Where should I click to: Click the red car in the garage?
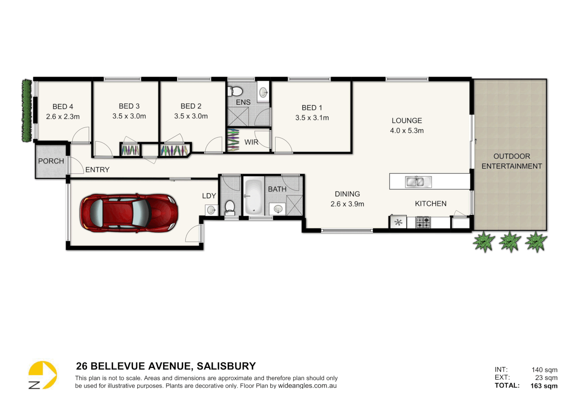tap(128, 213)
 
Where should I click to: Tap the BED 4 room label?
tap(63, 107)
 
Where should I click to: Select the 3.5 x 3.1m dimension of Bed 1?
tap(312, 118)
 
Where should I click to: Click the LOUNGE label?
tap(407, 121)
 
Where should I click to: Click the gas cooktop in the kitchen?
tap(423, 222)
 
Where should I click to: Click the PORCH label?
tap(51, 161)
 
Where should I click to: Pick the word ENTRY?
tap(97, 170)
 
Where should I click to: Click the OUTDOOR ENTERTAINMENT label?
tap(512, 161)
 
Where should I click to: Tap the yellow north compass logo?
tap(42, 375)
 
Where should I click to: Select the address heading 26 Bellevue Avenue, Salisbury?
tap(166, 366)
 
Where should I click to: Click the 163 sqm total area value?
tap(544, 386)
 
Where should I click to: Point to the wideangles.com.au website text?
tap(307, 386)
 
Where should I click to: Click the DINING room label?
tap(347, 194)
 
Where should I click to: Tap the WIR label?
tap(251, 142)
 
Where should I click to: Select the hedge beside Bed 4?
tap(26, 110)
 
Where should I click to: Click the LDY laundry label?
tap(209, 196)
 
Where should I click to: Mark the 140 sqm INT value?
tap(544, 370)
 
